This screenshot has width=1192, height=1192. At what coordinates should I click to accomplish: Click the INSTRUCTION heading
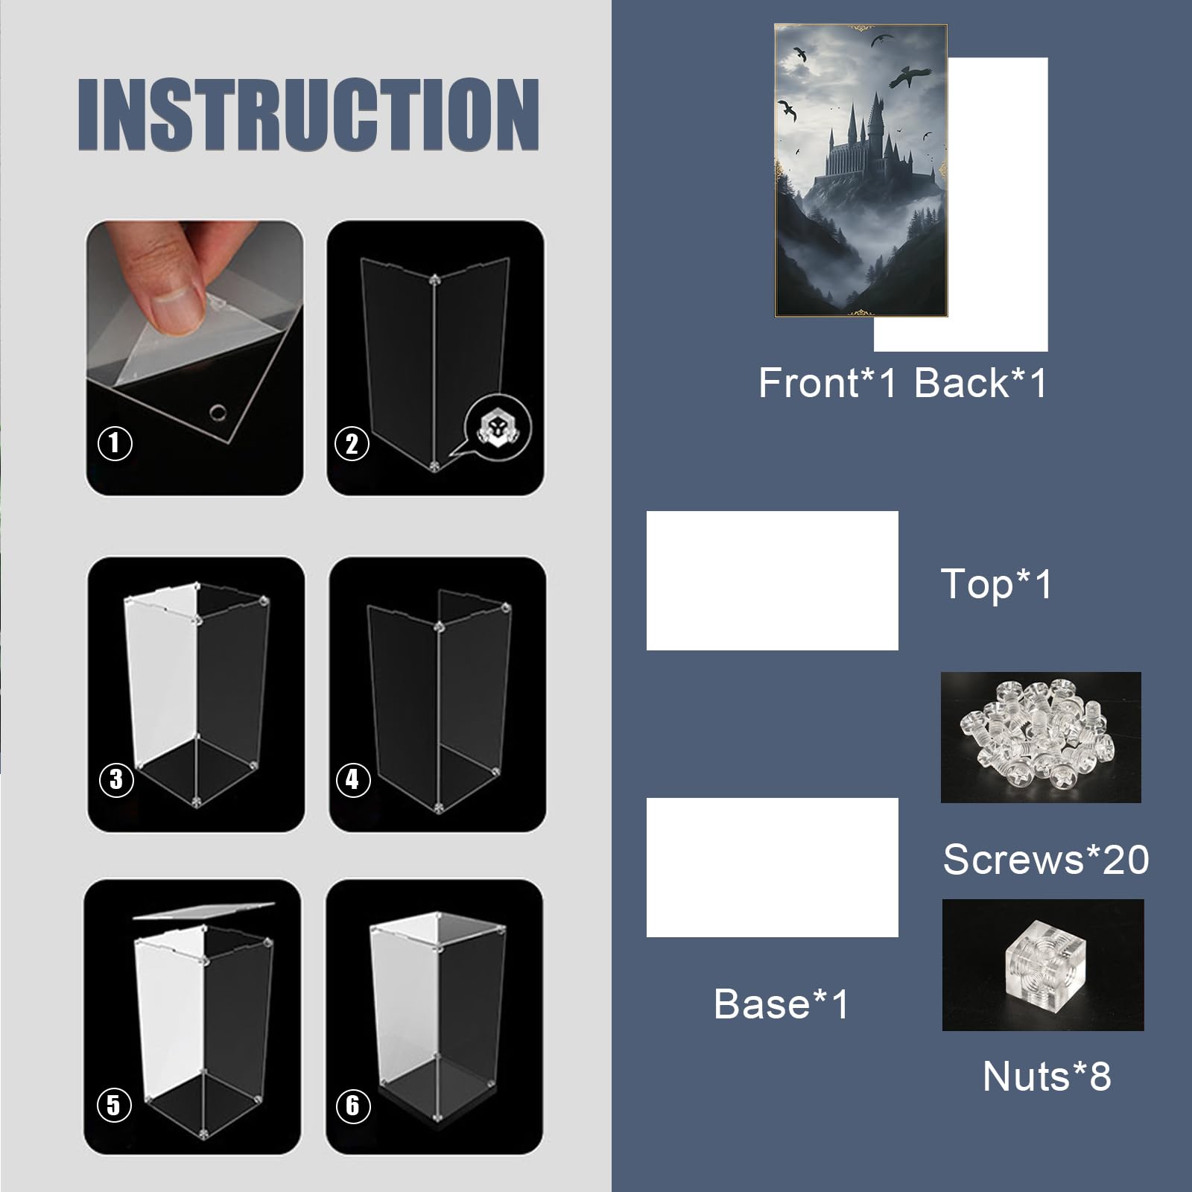(x=308, y=114)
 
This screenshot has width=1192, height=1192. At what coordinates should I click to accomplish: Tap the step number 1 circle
(x=115, y=443)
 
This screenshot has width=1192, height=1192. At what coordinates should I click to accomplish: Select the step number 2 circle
(x=352, y=444)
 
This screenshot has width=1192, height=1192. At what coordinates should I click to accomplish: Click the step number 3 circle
(x=116, y=779)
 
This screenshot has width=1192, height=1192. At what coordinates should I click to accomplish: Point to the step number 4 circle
(x=353, y=779)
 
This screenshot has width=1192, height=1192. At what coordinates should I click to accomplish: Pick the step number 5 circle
(x=114, y=1104)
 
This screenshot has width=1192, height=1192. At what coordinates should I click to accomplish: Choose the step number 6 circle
(x=353, y=1104)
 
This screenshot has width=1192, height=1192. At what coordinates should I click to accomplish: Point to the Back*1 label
(x=980, y=383)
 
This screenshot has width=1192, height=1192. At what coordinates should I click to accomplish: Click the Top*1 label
(x=997, y=583)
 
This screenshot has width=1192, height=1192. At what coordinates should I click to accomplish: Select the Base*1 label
(x=781, y=1004)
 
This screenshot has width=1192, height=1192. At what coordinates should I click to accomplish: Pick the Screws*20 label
(x=1045, y=859)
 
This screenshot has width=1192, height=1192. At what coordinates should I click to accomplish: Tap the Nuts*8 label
(x=1047, y=1076)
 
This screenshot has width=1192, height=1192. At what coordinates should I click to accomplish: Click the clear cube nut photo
(x=1043, y=965)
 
